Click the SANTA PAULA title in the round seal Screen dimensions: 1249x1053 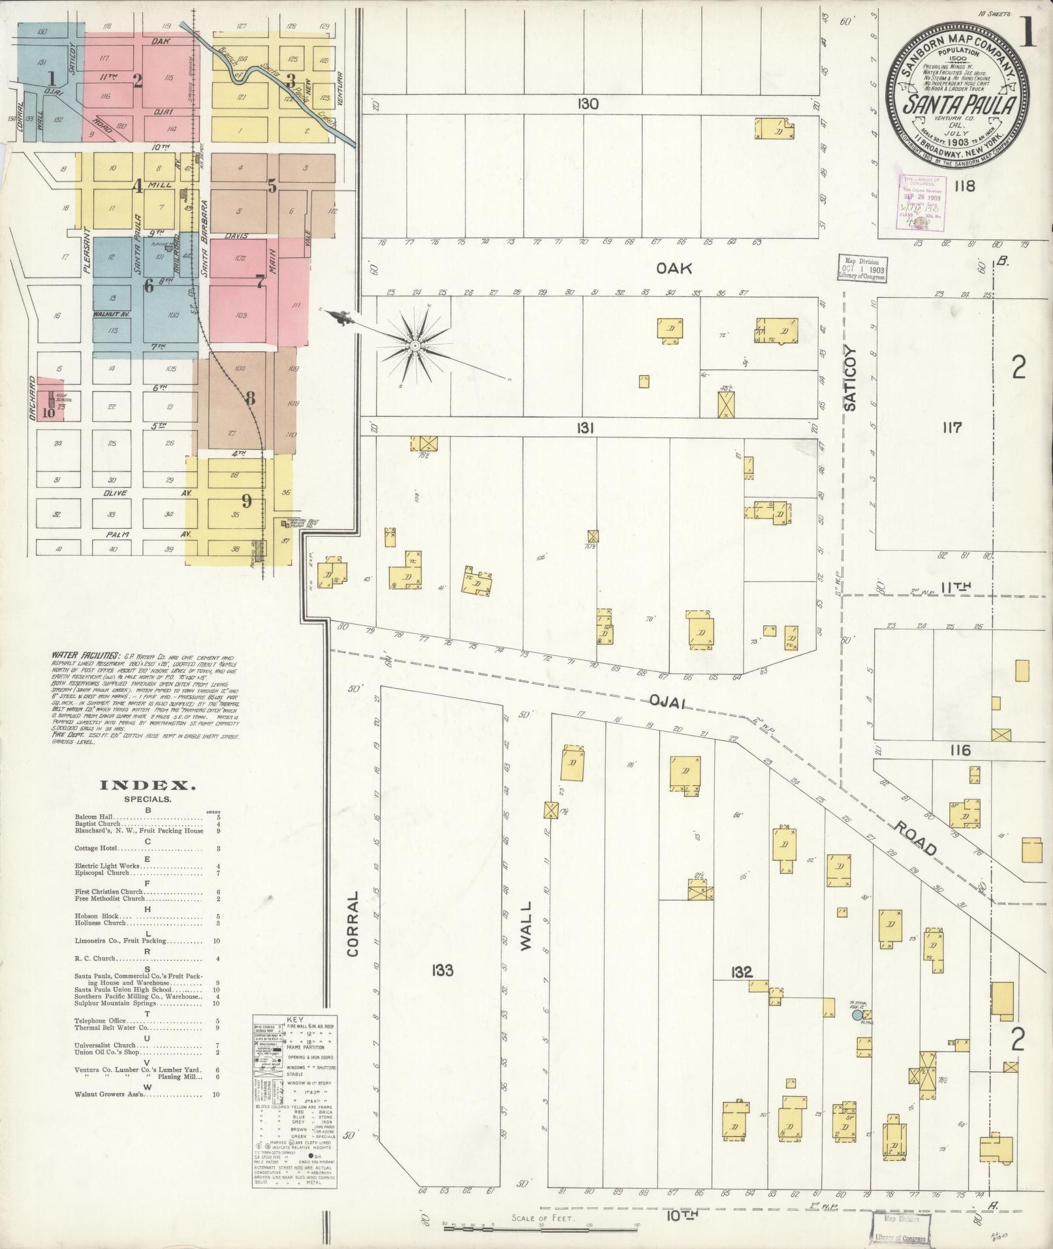(x=958, y=104)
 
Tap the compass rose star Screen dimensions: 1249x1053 (x=415, y=344)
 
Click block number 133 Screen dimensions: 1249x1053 (x=441, y=970)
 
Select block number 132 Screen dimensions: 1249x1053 (x=742, y=972)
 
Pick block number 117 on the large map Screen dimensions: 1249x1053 (x=952, y=428)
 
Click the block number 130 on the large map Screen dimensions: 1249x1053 (x=588, y=103)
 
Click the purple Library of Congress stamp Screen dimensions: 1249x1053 (x=921, y=202)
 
